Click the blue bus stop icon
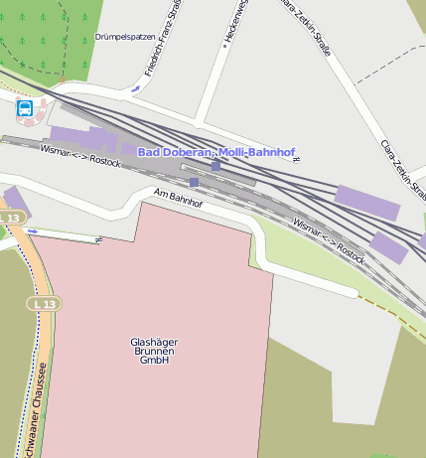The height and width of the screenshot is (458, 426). [x=25, y=108]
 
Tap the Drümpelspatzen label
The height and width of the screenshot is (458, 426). [x=125, y=37]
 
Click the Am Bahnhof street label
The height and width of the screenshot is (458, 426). [x=180, y=197]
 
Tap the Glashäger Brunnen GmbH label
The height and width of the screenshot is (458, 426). [x=154, y=351]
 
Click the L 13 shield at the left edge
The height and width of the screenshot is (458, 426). [x=10, y=218]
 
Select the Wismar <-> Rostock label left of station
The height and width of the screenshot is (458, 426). [x=80, y=156]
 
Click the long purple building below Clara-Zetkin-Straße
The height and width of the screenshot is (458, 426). [x=367, y=203]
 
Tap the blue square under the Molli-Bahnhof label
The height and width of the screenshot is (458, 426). [x=215, y=165]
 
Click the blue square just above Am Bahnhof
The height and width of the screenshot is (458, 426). [x=194, y=182]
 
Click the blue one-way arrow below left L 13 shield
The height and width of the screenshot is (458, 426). [x=33, y=231]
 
